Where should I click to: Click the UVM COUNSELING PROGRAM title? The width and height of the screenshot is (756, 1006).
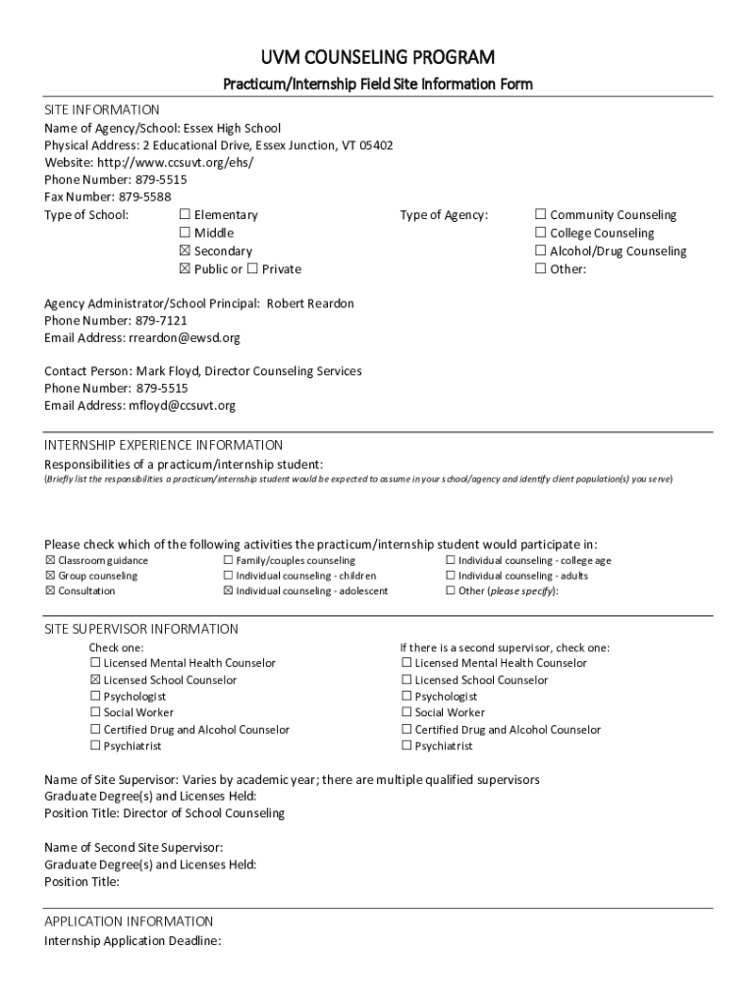click(x=377, y=57)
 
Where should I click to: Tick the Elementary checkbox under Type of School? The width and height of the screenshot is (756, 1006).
click(x=185, y=215)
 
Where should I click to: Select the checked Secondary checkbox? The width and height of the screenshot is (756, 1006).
click(x=185, y=251)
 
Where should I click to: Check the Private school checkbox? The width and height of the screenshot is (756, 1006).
click(x=252, y=269)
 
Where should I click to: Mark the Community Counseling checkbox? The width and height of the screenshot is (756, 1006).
click(x=540, y=215)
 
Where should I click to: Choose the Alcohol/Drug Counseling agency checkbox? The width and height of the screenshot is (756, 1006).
click(x=540, y=251)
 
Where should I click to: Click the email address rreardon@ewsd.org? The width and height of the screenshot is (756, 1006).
click(x=185, y=338)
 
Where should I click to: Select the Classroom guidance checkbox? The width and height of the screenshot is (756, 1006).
click(x=50, y=561)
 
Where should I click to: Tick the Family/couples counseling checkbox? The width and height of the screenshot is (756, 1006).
click(x=229, y=561)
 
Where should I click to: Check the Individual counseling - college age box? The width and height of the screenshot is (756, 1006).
click(x=451, y=561)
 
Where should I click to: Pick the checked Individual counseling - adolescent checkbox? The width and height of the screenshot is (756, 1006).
click(x=229, y=591)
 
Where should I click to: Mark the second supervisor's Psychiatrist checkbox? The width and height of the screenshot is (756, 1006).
click(x=406, y=747)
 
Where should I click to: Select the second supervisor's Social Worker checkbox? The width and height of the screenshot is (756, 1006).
click(x=406, y=713)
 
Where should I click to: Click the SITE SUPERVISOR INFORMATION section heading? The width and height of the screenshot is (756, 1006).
click(x=141, y=629)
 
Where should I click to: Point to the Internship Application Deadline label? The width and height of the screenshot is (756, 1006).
click(x=133, y=941)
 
